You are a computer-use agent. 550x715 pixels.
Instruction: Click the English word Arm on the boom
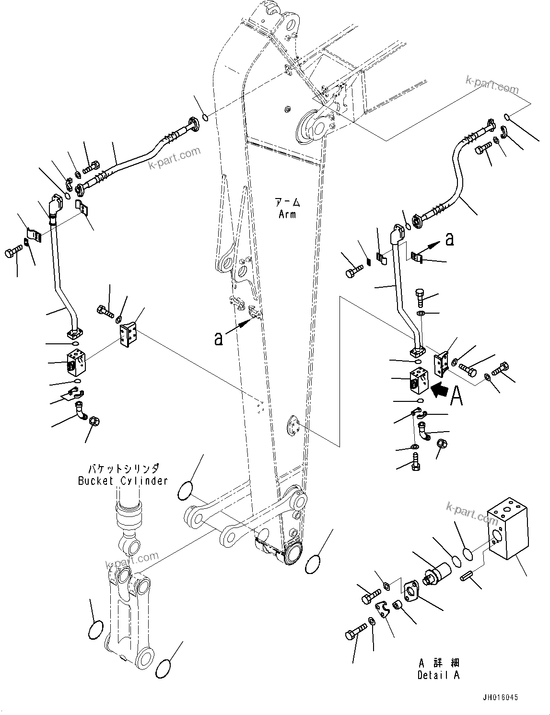coord(287,214)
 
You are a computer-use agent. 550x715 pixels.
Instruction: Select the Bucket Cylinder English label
coord(123,481)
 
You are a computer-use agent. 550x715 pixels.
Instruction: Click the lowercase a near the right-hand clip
coord(449,239)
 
